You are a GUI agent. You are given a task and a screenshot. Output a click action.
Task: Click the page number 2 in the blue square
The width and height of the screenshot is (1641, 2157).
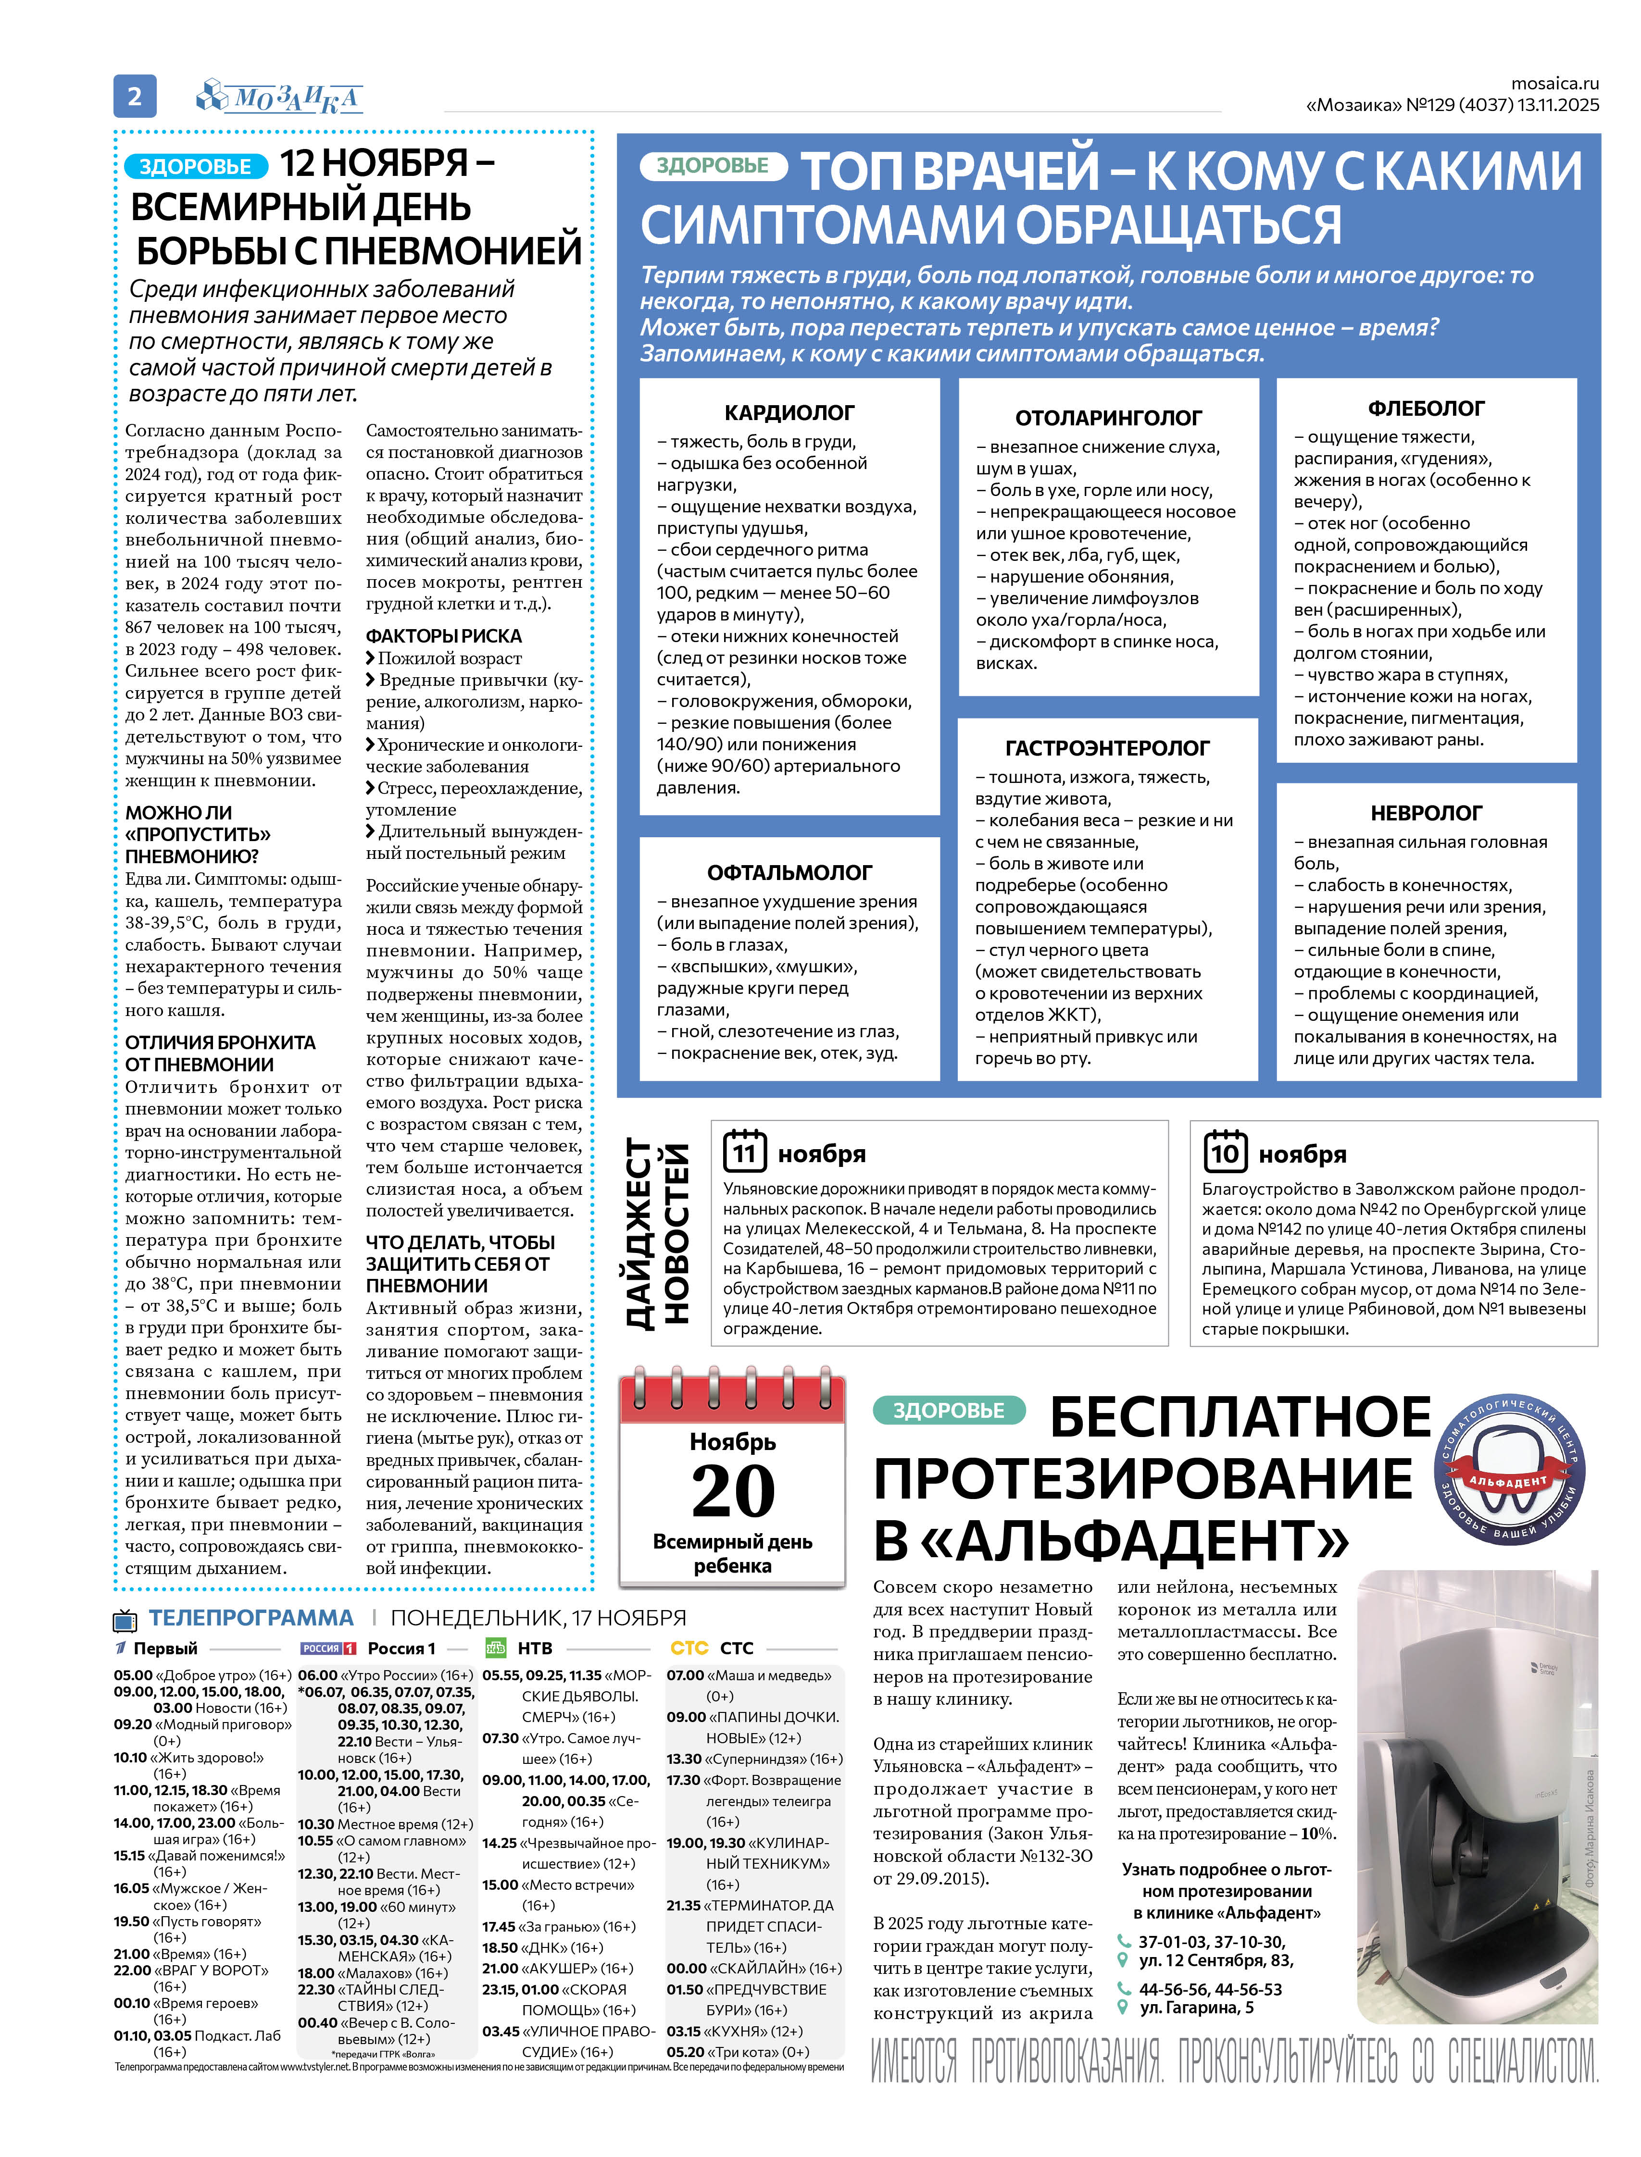click(135, 96)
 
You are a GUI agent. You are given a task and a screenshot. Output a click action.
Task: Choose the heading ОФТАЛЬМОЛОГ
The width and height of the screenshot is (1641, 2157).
click(789, 873)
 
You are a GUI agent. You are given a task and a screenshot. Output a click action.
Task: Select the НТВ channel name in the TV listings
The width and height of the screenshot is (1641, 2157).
click(534, 1648)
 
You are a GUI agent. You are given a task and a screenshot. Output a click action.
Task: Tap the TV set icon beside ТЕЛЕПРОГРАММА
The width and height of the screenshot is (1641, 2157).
click(125, 1621)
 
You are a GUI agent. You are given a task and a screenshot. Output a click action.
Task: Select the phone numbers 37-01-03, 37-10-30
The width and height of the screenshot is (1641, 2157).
click(1211, 1942)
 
